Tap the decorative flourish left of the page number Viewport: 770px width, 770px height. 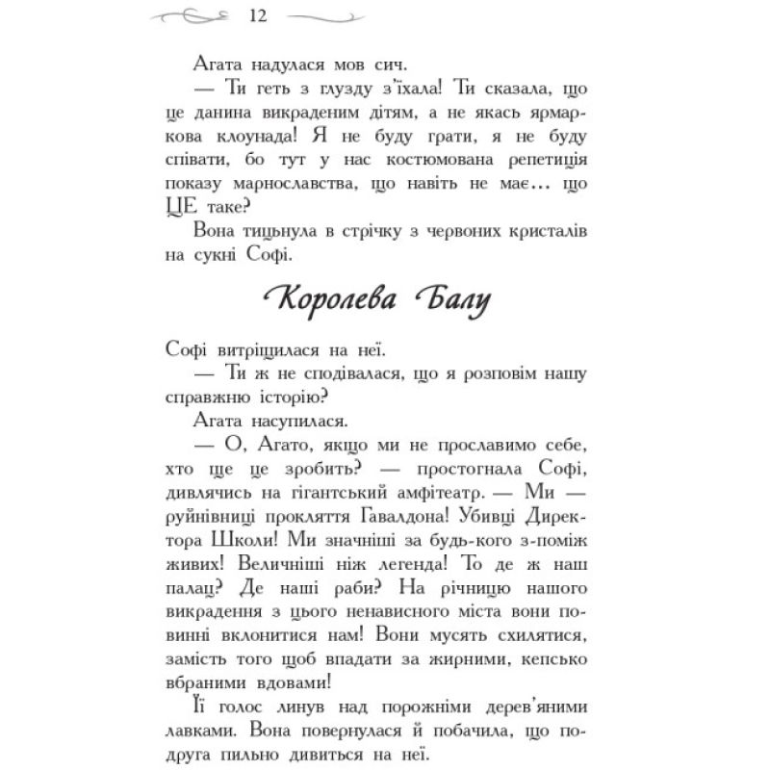pyautogui.click(x=193, y=16)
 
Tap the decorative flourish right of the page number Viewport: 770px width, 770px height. pyautogui.click(x=324, y=16)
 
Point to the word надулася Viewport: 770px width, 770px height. pyautogui.click(x=284, y=65)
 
